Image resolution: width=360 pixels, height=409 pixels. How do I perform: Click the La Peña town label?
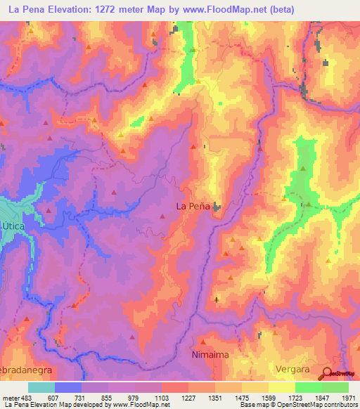(190, 207)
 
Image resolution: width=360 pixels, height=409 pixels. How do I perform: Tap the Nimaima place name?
(210, 356)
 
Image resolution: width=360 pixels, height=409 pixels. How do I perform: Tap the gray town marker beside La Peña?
(216, 208)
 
